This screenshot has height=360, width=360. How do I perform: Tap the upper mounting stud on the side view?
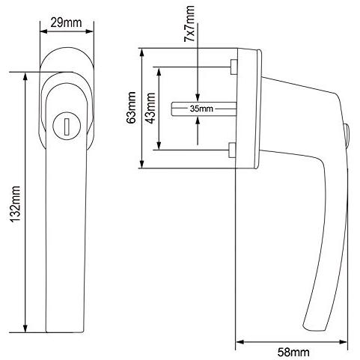[234, 69]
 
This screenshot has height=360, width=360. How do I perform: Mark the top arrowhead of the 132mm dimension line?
[26, 75]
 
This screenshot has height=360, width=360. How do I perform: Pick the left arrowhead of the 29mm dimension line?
[41, 31]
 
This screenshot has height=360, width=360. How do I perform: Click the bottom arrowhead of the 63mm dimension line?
[142, 165]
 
